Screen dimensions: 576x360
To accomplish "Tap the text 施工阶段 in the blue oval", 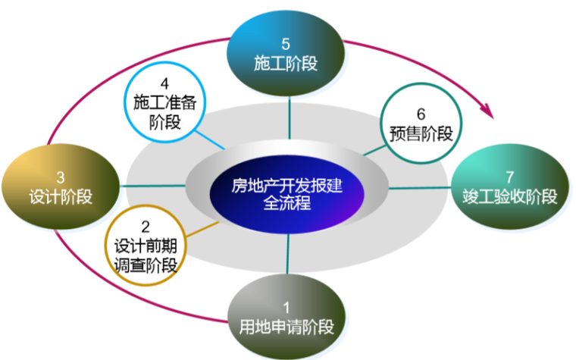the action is (285, 65).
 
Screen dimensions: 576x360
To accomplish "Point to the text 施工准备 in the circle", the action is (164, 102).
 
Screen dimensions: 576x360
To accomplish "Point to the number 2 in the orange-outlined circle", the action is (146, 226).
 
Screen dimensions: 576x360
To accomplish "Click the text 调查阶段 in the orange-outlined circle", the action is (146, 265).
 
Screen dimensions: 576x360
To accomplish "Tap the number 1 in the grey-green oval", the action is (286, 308).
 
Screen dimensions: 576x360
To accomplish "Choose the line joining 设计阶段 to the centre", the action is (152, 186).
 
